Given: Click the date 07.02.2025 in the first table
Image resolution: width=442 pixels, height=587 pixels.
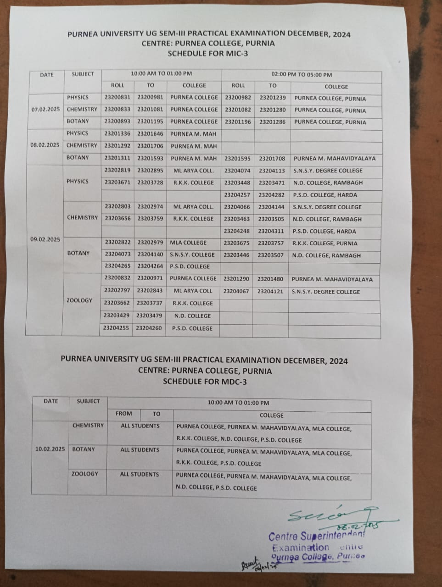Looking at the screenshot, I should pos(45,110).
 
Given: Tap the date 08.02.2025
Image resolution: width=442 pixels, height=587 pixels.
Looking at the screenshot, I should pos(45,145).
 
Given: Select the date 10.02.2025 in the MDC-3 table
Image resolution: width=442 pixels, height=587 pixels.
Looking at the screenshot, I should pos(50,449).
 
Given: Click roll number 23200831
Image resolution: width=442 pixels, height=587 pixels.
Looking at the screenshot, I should pos(117,97).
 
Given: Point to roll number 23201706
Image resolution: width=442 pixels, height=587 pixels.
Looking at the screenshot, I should pos(150,145).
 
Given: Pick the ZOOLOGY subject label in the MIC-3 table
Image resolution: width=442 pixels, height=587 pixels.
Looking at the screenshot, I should pos(79,300).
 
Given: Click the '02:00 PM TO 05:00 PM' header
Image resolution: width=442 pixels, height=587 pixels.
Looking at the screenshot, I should pos(302,75).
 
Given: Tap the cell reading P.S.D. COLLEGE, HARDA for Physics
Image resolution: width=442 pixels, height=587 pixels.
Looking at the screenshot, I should pos(325,195).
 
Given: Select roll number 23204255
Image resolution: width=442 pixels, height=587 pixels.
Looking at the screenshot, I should pos(116,328).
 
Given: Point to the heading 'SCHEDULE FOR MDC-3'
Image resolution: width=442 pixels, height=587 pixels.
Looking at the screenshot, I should pos(205,381).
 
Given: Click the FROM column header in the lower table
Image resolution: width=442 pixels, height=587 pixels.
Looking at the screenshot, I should pos(123,414).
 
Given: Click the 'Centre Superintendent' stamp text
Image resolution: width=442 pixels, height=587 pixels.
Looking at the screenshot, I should pos(316,536).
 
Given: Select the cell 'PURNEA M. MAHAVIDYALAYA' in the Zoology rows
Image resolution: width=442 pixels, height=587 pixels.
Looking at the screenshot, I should pos(332,279).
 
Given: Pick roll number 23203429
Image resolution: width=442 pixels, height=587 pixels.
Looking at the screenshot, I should pos(116,316).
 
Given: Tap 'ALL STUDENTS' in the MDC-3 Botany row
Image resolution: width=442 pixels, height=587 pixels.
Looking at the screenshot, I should pos(140,450).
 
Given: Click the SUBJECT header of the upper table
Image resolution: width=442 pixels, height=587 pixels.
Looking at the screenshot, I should pos(83,74).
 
